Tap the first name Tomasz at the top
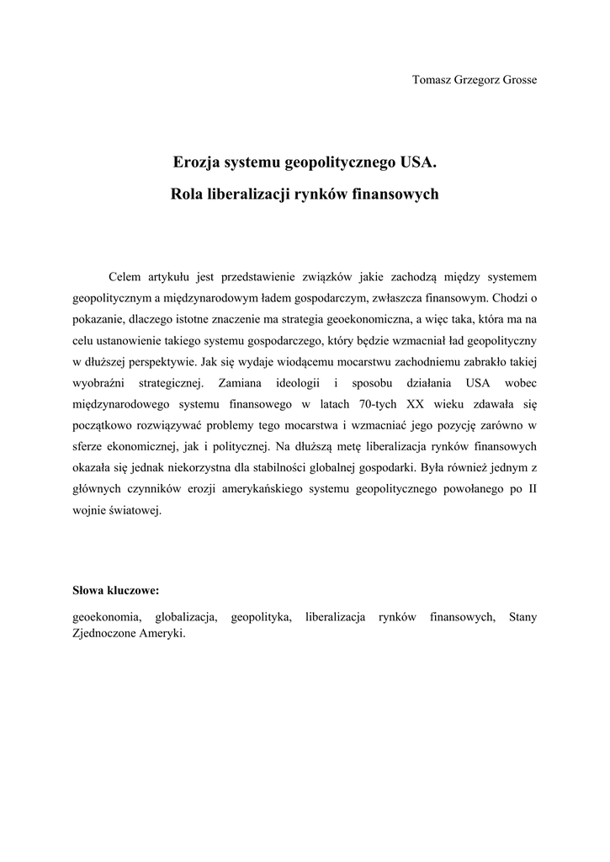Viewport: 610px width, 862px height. [432, 80]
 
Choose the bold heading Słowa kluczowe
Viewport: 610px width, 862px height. [115, 591]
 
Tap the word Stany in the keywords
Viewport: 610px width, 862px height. [522, 617]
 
